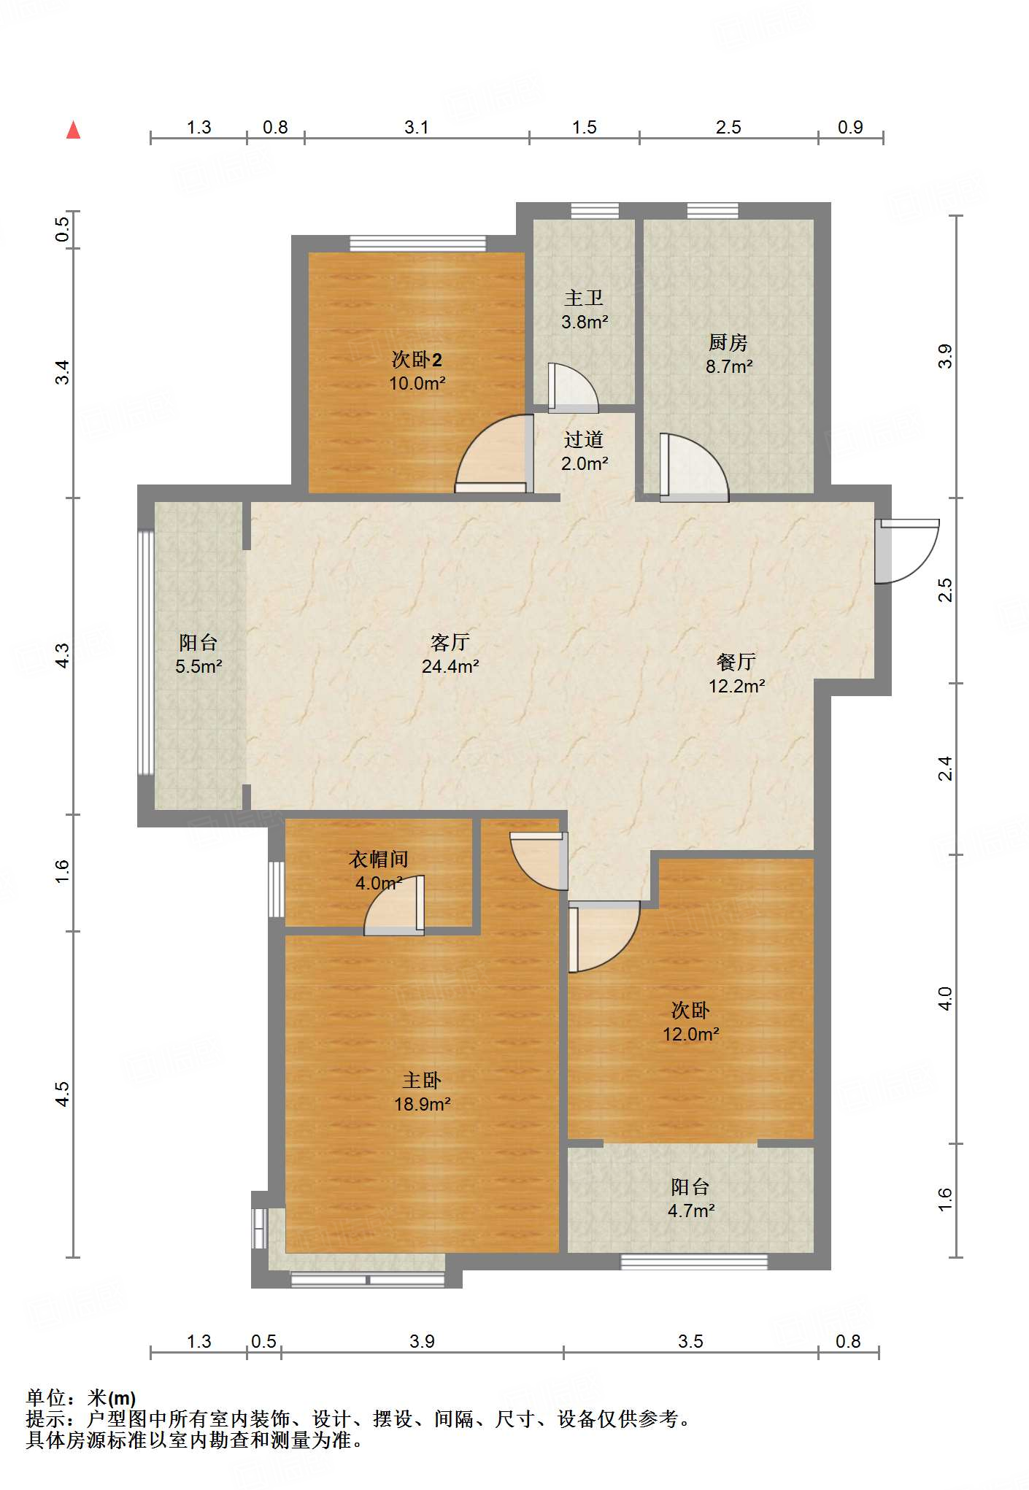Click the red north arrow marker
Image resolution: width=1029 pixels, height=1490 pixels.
click(x=73, y=130)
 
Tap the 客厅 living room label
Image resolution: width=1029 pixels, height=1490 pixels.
click(x=450, y=642)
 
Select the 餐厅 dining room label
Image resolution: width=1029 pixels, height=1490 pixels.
click(x=736, y=662)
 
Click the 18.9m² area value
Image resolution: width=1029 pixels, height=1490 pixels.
click(x=423, y=1104)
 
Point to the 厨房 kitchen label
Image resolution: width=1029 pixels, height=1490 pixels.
click(x=728, y=342)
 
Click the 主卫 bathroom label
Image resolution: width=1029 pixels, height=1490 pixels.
click(x=584, y=298)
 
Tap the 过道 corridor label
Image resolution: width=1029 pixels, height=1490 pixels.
click(x=584, y=439)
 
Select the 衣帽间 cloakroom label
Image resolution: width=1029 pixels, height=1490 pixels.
click(x=378, y=860)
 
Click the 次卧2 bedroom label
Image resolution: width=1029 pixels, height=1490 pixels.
click(x=417, y=360)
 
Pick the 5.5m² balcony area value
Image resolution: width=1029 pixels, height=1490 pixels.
click(x=199, y=666)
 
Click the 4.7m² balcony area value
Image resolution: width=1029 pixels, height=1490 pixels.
click(x=691, y=1211)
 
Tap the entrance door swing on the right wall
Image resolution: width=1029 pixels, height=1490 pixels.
click(x=907, y=551)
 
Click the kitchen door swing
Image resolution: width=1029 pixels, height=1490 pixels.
click(x=693, y=467)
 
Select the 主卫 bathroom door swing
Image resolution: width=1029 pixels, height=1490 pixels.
click(x=573, y=387)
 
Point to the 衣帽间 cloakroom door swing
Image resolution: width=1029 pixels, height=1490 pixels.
click(x=394, y=904)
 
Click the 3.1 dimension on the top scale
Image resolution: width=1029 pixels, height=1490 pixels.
click(x=417, y=127)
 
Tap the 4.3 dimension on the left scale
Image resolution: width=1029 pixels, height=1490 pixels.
click(x=63, y=655)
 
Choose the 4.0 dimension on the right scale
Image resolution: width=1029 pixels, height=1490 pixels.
click(x=945, y=998)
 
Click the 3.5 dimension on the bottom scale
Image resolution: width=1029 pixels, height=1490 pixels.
click(x=690, y=1341)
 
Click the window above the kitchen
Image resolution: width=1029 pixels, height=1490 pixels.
click(x=712, y=211)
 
